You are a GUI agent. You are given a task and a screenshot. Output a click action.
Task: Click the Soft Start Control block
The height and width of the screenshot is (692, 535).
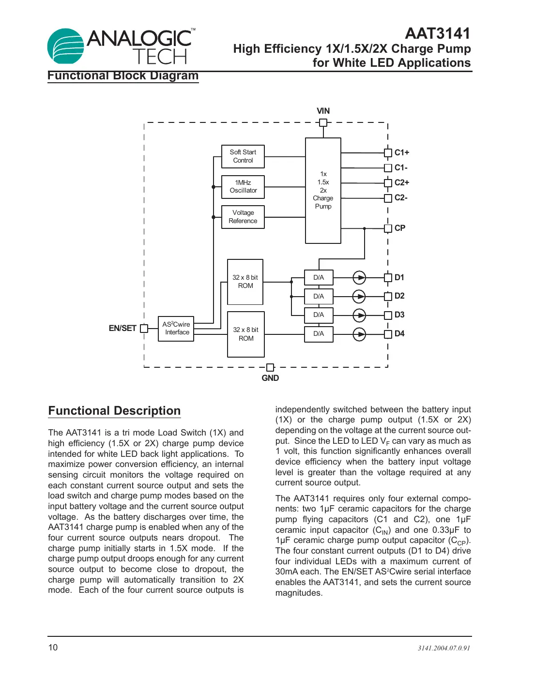tap(243, 156)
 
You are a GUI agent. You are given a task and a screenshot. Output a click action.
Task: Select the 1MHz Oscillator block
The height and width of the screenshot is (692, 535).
tap(243, 187)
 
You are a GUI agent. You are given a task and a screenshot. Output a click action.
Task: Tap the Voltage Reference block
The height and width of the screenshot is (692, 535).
tap(243, 217)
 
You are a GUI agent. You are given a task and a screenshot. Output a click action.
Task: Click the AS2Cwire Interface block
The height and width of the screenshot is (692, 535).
tap(176, 329)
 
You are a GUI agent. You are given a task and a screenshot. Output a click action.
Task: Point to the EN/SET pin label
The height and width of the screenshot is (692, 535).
tap(122, 328)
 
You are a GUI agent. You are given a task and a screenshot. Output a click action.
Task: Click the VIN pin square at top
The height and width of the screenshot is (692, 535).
tap(323, 122)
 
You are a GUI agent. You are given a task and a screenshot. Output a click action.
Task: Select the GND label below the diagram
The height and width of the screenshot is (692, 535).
tap(270, 378)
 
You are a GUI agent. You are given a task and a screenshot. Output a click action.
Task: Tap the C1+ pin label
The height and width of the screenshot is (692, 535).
tap(401, 152)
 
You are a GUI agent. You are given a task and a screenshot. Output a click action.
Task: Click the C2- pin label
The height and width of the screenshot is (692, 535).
tap(401, 197)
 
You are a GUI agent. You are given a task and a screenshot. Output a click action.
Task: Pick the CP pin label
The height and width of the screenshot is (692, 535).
tap(400, 228)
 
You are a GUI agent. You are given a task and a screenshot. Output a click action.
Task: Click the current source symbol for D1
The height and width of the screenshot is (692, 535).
tap(359, 277)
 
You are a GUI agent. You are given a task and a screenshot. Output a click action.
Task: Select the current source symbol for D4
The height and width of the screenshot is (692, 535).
tap(359, 334)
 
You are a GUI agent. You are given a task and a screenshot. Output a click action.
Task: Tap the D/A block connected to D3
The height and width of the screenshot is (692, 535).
tap(319, 315)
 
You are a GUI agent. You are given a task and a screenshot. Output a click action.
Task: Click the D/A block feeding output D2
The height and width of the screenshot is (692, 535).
tap(319, 296)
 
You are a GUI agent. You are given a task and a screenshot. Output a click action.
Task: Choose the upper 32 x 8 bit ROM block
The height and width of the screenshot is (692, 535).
tap(245, 282)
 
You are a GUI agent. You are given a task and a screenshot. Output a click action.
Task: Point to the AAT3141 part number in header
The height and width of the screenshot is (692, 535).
tap(438, 33)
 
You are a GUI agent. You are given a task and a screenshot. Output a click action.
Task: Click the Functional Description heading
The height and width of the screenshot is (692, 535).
tap(114, 411)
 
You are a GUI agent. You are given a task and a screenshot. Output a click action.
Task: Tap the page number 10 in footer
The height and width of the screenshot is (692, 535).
tap(53, 647)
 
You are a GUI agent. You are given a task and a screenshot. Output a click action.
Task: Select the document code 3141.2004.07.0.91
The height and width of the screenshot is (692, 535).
tap(444, 648)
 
